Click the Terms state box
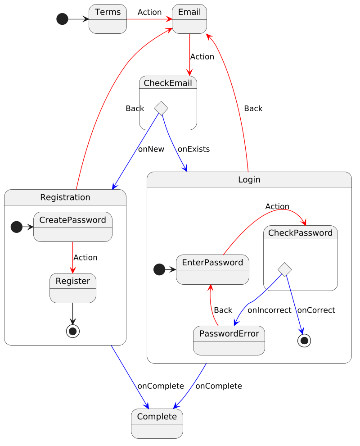pyautogui.click(x=108, y=19)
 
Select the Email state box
pyautogui.click(x=189, y=19)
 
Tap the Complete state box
pyautogui.click(x=157, y=423)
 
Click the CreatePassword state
pyautogui.click(x=72, y=227)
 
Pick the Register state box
pyautogui.click(x=72, y=288)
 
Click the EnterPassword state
pyautogui.click(x=212, y=269)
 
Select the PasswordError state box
pyautogui.click(x=229, y=340)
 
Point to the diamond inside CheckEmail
pyautogui.click(x=161, y=108)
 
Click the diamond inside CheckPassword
pyautogui.click(x=285, y=269)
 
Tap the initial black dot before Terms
pyautogui.click(x=62, y=19)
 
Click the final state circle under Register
pyautogui.click(x=72, y=331)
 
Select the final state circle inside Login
pyautogui.click(x=304, y=341)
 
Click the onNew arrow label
pyautogui.click(x=151, y=149)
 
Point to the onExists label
pyautogui.click(x=193, y=149)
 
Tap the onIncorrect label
pyautogui.click(x=269, y=310)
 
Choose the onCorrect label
pyautogui.click(x=316, y=310)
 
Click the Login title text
pyautogui.click(x=249, y=180)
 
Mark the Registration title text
pyautogui.click(x=65, y=197)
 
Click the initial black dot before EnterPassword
pyautogui.click(x=159, y=269)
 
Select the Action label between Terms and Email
pyautogui.click(x=149, y=12)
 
